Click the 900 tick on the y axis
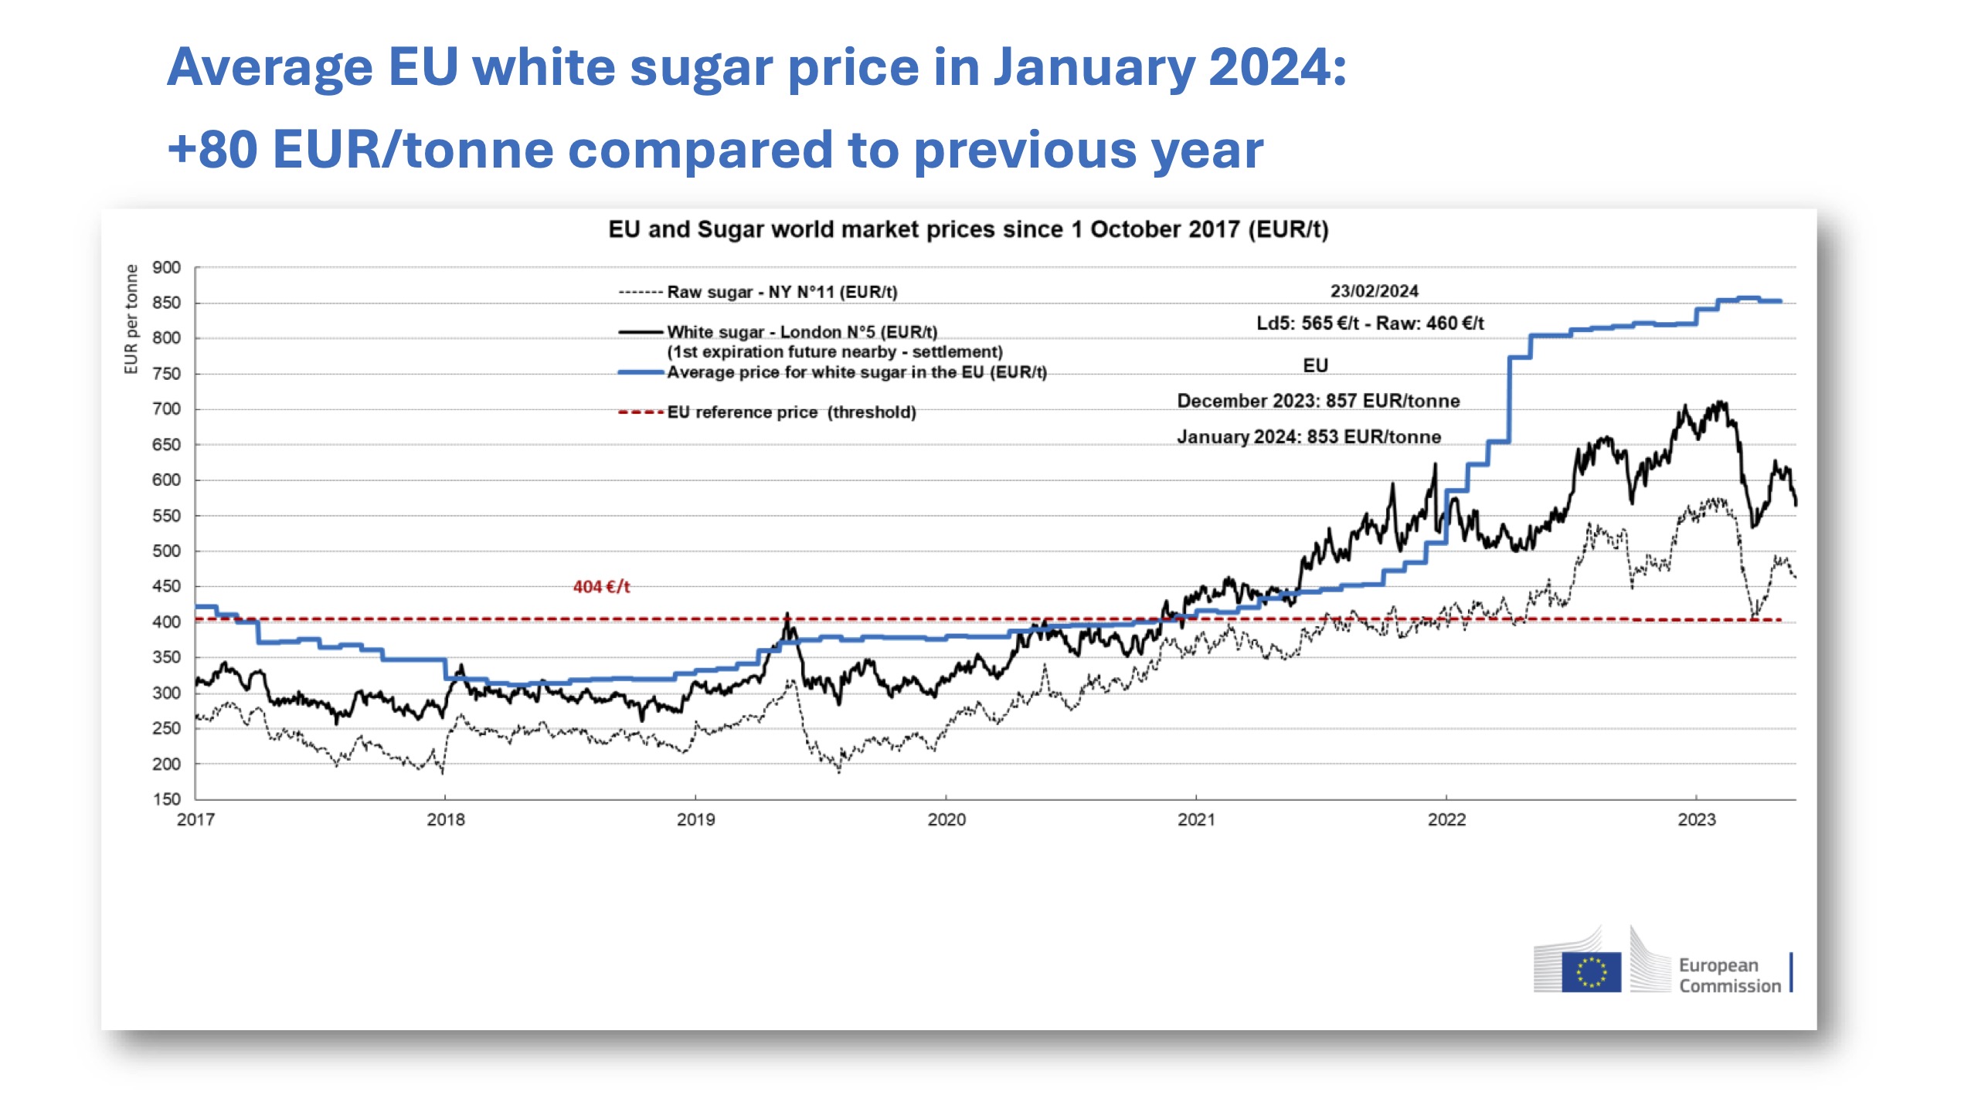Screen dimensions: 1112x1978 pyautogui.click(x=166, y=268)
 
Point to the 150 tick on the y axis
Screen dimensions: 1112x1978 pyautogui.click(x=166, y=799)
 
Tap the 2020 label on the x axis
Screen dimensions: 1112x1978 pyautogui.click(x=946, y=819)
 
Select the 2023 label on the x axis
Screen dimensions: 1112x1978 pyautogui.click(x=1696, y=819)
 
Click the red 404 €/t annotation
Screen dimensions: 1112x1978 pyautogui.click(x=601, y=587)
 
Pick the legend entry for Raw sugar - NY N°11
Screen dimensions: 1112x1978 pyautogui.click(x=781, y=292)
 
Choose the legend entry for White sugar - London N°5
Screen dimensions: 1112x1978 pyautogui.click(x=801, y=332)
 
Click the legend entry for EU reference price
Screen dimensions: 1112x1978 pyautogui.click(x=791, y=412)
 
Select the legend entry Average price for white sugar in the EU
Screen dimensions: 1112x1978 pyautogui.click(x=856, y=372)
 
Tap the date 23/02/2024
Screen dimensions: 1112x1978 pyautogui.click(x=1374, y=291)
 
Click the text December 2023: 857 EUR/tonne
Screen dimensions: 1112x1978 pyautogui.click(x=1318, y=401)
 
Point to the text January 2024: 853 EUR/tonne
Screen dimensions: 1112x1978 pyautogui.click(x=1309, y=437)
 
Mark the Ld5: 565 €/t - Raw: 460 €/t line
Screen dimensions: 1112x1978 pyautogui.click(x=1370, y=324)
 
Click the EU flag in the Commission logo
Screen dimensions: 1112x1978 pyautogui.click(x=1591, y=971)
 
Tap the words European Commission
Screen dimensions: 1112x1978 pyautogui.click(x=1729, y=975)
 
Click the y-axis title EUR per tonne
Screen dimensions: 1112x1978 pyautogui.click(x=131, y=319)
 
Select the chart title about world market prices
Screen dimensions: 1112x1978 pyautogui.click(x=968, y=229)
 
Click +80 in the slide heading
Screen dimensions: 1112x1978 pyautogui.click(x=212, y=149)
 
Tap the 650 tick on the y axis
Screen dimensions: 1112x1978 pyautogui.click(x=166, y=445)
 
